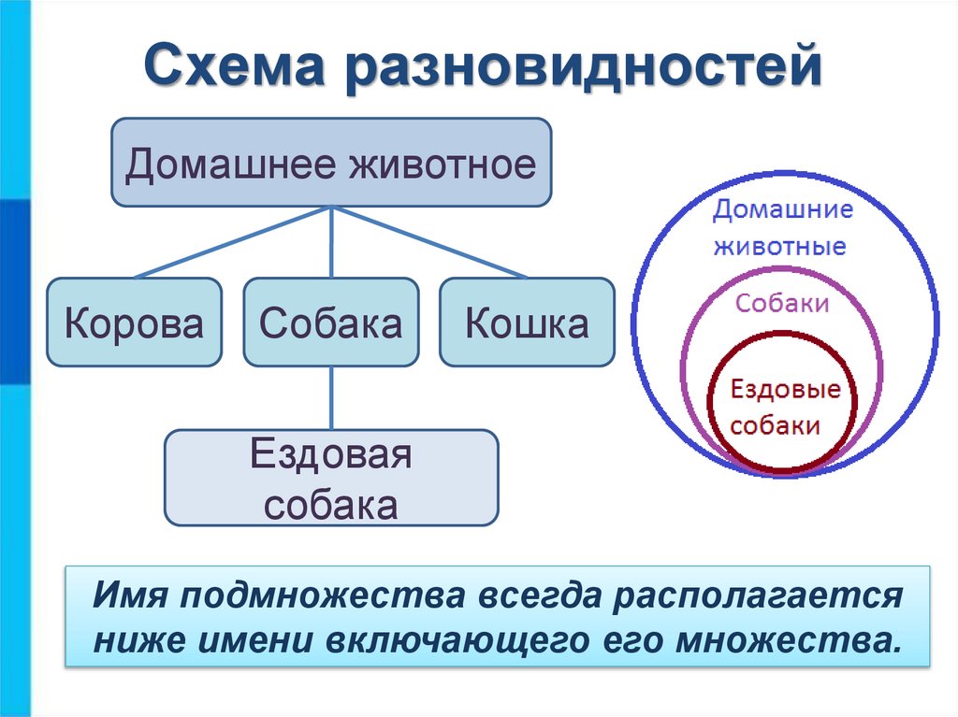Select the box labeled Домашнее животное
click(x=331, y=163)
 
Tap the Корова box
click(x=134, y=323)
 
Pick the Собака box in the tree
click(x=331, y=323)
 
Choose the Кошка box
click(x=528, y=323)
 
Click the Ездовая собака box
click(x=331, y=478)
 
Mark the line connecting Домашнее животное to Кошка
click(x=430, y=242)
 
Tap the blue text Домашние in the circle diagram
click(x=782, y=209)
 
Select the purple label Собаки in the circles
click(x=782, y=303)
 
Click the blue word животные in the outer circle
click(x=780, y=248)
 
